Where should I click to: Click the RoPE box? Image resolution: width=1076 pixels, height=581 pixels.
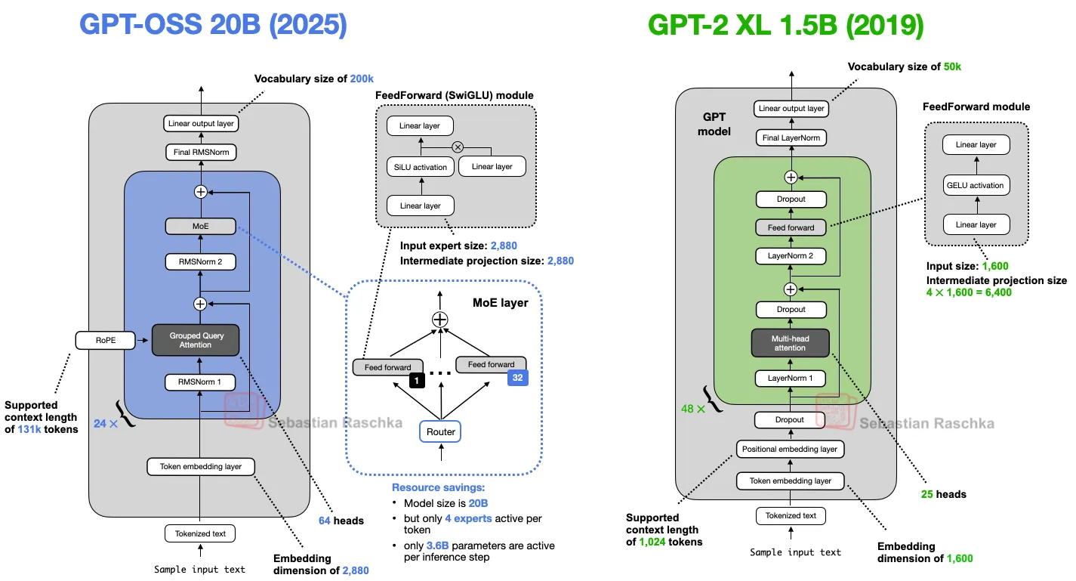(x=105, y=340)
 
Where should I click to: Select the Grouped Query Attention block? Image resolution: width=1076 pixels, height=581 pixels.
(x=196, y=340)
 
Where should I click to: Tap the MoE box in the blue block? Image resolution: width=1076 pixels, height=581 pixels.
(x=200, y=226)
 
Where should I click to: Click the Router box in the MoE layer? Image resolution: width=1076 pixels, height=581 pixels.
(x=441, y=431)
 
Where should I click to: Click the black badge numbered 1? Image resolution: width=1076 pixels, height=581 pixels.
(x=416, y=382)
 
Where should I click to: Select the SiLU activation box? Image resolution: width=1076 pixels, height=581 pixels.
(x=421, y=167)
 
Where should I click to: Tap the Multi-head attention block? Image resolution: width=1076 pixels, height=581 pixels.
(x=790, y=343)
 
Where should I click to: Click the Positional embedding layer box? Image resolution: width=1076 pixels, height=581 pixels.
(x=790, y=449)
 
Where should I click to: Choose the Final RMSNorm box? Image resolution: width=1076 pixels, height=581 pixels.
(x=200, y=153)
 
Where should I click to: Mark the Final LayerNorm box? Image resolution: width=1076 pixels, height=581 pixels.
(x=791, y=138)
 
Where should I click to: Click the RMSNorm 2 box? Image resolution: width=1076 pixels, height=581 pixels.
(x=200, y=262)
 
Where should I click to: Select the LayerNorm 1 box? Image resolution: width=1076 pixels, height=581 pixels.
(x=791, y=379)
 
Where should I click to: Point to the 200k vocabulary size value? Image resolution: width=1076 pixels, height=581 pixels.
(x=362, y=79)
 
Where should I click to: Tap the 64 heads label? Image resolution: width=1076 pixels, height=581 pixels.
(x=341, y=521)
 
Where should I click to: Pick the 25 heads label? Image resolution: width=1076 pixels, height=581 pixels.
(x=943, y=494)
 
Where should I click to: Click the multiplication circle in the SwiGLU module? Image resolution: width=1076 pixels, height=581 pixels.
(x=457, y=147)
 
